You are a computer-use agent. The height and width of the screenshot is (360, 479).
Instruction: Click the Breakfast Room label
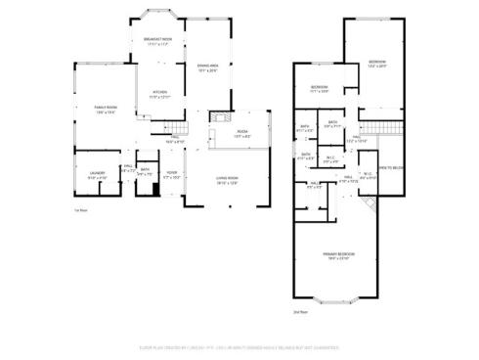pos(158,42)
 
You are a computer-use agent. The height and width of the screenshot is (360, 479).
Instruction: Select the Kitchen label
pos(158,95)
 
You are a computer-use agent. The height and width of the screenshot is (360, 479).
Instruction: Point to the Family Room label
pos(105,109)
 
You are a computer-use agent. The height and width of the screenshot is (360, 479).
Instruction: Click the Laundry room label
pos(97,177)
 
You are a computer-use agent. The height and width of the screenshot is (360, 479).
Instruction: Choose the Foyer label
pos(171,175)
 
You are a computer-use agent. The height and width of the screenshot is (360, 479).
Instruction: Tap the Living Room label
pos(229,178)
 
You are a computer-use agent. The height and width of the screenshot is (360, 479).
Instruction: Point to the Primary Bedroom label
pos(339,255)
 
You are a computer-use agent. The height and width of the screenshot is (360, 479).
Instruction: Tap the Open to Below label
pos(391,167)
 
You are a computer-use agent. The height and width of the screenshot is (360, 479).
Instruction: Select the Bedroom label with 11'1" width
pos(320,89)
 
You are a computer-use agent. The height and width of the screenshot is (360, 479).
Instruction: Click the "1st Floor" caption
pos(82,210)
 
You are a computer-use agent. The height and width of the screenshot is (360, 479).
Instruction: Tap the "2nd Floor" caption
pos(301,311)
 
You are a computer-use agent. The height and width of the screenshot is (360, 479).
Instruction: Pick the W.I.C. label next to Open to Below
pos(368,178)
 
